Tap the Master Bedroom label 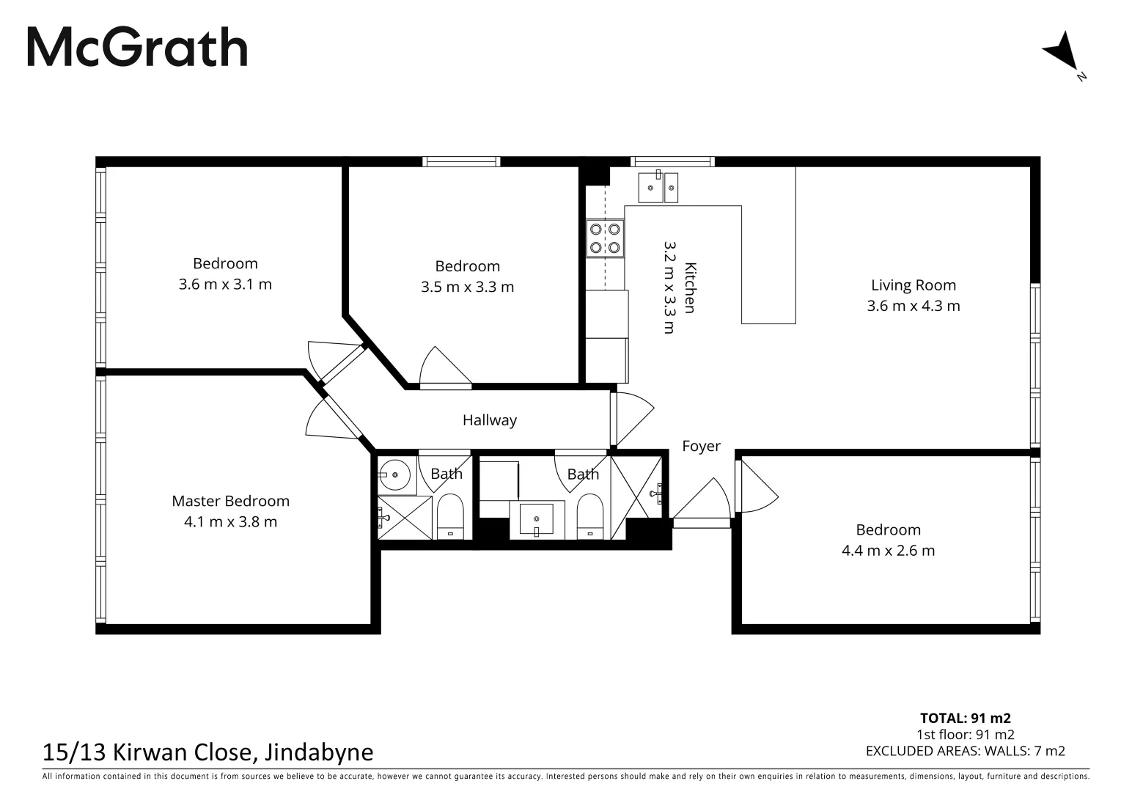click(230, 501)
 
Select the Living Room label click(913, 285)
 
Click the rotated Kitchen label click(689, 287)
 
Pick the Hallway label click(489, 420)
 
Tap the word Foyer click(701, 446)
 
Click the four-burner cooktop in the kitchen click(605, 238)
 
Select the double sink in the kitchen click(658, 187)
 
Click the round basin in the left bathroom click(396, 475)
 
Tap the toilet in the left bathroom click(450, 517)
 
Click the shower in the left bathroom click(405, 518)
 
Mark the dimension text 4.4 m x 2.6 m click(888, 551)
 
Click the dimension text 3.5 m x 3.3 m click(467, 287)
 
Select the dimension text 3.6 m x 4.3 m click(913, 306)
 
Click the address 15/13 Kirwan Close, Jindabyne click(208, 752)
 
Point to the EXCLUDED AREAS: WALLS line click(965, 750)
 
